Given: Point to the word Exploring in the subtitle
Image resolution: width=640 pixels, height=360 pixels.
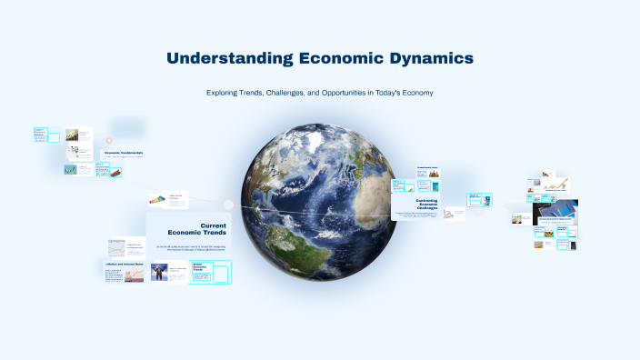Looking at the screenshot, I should [224, 93].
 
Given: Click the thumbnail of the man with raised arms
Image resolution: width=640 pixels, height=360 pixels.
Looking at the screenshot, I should [160, 272].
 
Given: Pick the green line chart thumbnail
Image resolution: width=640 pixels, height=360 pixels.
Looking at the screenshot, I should [115, 247].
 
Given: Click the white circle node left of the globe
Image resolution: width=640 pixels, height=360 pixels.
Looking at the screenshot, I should [229, 205].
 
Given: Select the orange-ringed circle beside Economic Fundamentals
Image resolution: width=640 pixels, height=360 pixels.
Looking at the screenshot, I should [109, 140].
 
